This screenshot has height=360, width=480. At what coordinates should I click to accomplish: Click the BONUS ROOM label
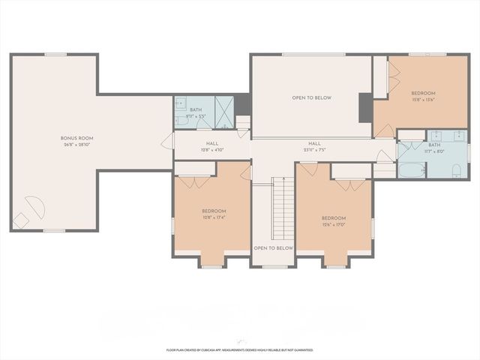click(x=76, y=139)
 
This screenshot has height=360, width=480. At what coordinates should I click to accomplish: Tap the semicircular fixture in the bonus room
click(x=34, y=205)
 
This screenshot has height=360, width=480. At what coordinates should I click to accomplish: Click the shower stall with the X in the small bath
click(x=223, y=112)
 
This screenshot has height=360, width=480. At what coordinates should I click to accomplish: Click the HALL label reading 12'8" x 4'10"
click(x=211, y=145)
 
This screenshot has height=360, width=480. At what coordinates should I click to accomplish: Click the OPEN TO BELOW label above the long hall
click(x=311, y=98)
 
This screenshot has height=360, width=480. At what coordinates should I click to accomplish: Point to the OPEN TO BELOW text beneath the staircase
click(x=273, y=248)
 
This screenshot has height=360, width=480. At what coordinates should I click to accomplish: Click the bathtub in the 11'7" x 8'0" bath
click(x=412, y=169)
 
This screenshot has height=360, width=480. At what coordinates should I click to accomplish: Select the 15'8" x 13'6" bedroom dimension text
click(x=423, y=100)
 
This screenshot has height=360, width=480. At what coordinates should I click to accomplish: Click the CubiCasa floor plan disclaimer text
click(x=240, y=349)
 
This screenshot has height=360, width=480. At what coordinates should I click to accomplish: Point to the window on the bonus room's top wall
click(x=55, y=54)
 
